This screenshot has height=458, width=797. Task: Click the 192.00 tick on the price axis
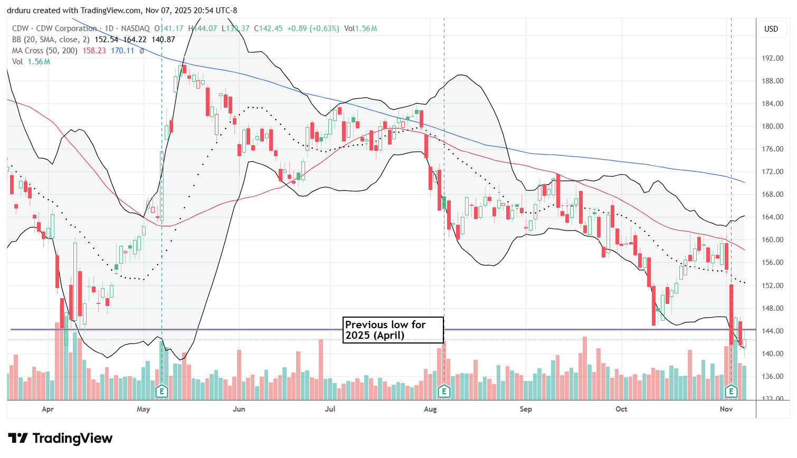point(772,58)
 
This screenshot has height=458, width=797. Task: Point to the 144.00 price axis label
point(772,331)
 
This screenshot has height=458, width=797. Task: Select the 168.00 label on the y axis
point(772,194)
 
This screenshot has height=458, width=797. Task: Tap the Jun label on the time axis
point(239,409)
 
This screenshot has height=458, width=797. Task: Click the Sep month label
point(526,409)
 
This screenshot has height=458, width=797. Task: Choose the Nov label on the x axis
point(726,409)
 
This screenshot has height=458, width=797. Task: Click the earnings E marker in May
point(162,391)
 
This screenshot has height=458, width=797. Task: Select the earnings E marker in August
point(444,391)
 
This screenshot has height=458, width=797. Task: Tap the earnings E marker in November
point(731,391)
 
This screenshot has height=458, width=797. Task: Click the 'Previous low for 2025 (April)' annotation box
point(393,330)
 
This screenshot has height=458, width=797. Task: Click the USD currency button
point(771,29)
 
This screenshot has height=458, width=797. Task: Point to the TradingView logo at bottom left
point(60,438)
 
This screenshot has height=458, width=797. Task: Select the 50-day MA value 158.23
point(94,51)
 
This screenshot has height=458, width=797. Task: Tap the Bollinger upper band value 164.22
point(135,40)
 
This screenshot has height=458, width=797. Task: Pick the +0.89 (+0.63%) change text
point(313,28)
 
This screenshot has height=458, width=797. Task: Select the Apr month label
point(48,409)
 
